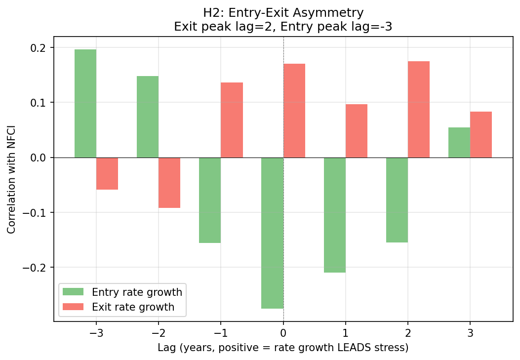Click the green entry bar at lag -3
coord(85,103)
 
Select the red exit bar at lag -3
coord(107,173)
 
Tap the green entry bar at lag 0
coord(272,233)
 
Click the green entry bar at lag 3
coord(459,142)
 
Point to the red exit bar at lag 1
coord(357,131)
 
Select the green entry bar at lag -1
coord(210,200)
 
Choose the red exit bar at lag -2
coord(169,183)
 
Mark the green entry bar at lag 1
coord(335,215)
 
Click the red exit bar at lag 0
coord(294,111)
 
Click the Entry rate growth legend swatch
coord(74,292)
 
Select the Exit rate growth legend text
coord(133,307)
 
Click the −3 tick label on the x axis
coord(96,333)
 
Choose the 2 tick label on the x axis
coord(408,333)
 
